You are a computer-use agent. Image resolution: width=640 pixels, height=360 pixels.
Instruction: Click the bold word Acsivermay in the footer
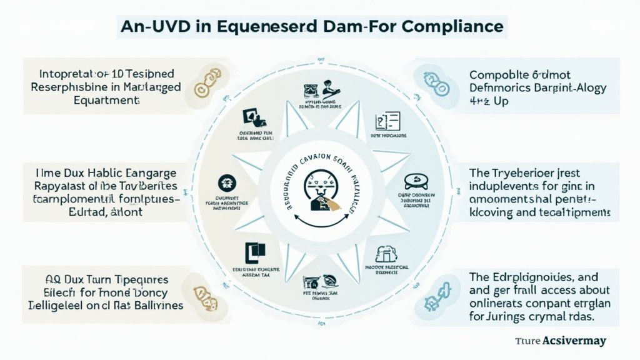click(x=569, y=341)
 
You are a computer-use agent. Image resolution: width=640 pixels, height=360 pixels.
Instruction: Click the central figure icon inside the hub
click(x=319, y=187)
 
